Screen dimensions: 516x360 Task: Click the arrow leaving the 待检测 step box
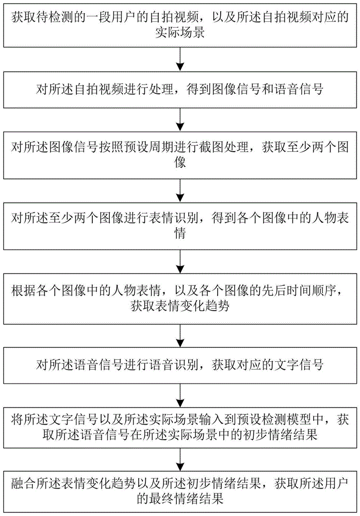click(180, 60)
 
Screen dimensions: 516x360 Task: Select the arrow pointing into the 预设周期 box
click(180, 124)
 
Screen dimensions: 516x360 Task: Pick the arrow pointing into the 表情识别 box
click(180, 195)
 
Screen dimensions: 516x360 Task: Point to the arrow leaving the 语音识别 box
click(180, 395)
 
